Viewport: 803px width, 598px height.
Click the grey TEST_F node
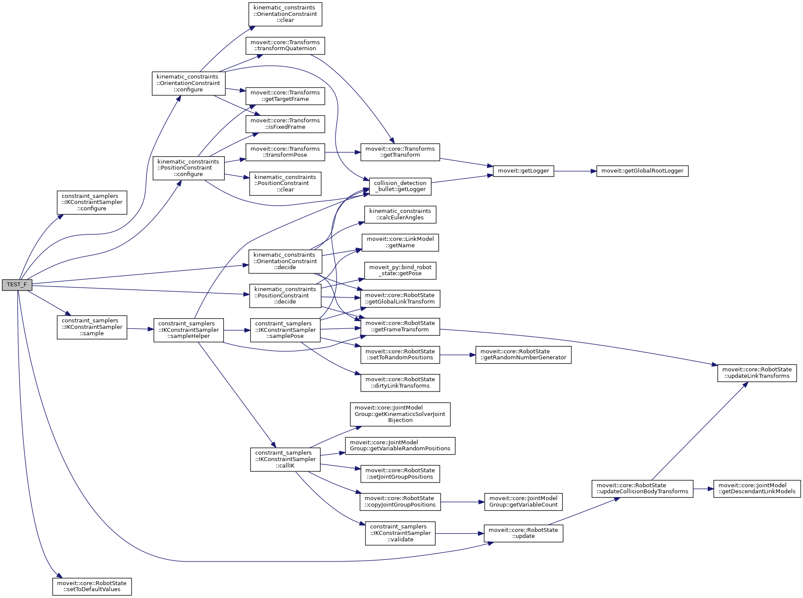(17, 285)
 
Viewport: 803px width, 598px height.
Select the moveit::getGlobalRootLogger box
(642, 171)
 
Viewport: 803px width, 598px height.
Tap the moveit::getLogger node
(523, 171)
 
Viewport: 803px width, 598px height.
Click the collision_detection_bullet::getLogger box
(400, 186)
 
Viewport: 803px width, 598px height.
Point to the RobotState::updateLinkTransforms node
(757, 373)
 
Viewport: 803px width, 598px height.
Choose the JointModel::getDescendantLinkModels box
(757, 489)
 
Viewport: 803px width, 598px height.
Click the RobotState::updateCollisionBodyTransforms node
(642, 489)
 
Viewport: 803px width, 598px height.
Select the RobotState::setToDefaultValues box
(92, 586)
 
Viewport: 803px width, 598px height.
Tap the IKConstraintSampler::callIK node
(285, 459)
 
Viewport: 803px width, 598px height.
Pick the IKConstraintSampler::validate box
(400, 533)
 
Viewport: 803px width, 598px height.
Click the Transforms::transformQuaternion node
(285, 46)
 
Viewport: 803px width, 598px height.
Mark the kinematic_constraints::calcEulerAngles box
(400, 214)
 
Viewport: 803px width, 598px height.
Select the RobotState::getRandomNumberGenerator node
(523, 355)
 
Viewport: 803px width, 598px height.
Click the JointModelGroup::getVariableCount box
(523, 501)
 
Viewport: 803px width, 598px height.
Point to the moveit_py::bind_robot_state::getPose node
(400, 270)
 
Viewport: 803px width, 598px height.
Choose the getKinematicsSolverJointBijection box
(400, 414)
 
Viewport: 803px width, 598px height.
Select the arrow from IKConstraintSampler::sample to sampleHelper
(140, 329)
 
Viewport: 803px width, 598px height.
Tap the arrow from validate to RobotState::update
(459, 533)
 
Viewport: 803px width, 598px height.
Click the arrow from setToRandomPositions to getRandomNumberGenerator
(457, 355)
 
